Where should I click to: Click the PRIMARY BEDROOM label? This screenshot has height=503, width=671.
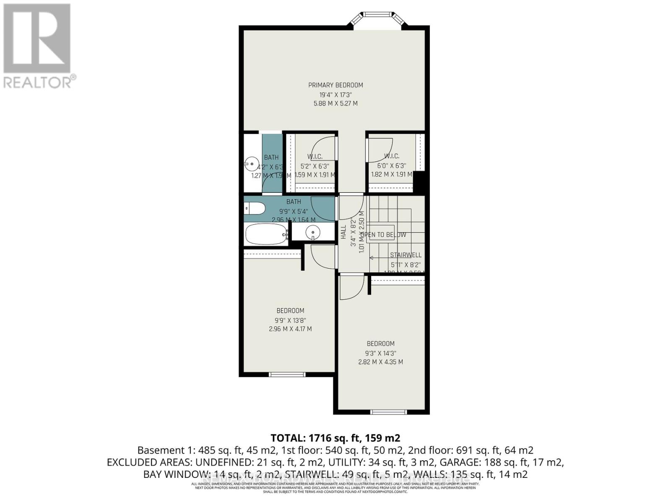[x=335, y=85]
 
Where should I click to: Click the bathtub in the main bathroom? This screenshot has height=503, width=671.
[x=266, y=235]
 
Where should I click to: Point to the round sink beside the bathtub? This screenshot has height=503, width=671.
[x=312, y=232]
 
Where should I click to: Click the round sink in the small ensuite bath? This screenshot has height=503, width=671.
[x=252, y=162]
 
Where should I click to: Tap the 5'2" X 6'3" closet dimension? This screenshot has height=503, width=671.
[x=315, y=166]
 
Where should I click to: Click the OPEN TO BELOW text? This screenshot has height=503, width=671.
[x=384, y=235]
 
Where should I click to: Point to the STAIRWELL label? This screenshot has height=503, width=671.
[x=406, y=255]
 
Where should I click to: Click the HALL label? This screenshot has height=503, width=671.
[x=343, y=232]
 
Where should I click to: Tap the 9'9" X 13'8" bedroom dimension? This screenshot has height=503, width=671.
[x=290, y=320]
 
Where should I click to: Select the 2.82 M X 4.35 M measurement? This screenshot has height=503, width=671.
[x=380, y=362]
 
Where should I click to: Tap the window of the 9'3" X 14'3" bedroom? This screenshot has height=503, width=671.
[x=389, y=412]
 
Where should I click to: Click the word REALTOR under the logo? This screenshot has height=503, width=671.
[x=37, y=82]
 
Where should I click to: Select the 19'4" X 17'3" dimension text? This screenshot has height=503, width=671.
[x=335, y=94]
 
